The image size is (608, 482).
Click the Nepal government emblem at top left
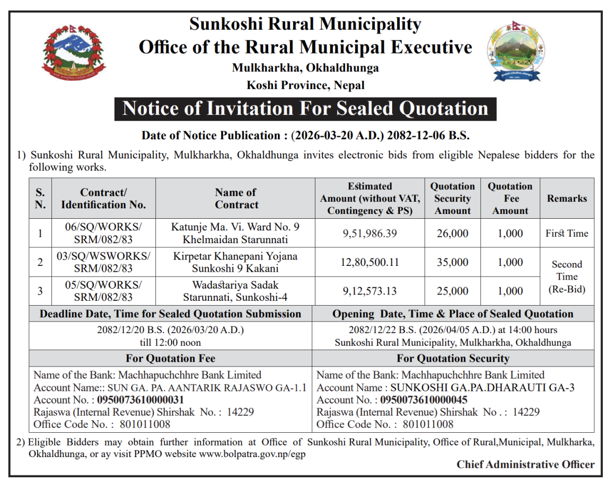point(74,52)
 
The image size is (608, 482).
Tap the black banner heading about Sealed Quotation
point(305,109)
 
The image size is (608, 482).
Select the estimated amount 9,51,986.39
point(369,234)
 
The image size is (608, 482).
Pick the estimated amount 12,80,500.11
point(369,262)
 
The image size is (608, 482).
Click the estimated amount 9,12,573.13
point(369,291)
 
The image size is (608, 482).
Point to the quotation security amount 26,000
point(452,234)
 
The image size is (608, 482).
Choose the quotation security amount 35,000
point(452,262)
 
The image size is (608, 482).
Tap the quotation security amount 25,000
point(452,291)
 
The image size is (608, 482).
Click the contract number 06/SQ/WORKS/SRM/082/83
point(103,233)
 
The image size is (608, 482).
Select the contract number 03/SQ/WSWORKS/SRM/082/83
point(103,262)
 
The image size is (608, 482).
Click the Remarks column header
point(567,199)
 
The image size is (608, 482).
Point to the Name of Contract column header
point(236,199)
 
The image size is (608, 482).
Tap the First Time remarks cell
point(567,234)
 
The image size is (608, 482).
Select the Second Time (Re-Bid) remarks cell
point(567,276)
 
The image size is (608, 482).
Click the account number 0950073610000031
point(140,400)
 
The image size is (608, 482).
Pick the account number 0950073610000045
point(424,400)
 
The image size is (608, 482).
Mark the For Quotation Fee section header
point(170,358)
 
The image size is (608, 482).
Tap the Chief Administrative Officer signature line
point(525,465)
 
